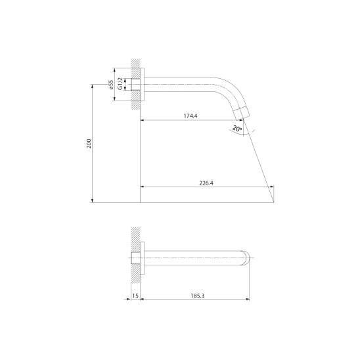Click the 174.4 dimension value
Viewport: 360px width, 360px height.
click(191, 116)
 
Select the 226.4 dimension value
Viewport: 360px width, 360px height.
click(206, 183)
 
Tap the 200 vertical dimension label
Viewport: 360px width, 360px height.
click(89, 143)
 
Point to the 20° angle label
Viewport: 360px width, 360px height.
click(237, 129)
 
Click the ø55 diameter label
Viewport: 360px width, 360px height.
click(111, 85)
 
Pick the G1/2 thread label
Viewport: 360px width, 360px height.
click(120, 83)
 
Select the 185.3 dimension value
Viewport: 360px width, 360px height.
click(198, 296)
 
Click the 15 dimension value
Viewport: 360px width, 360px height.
click(135, 296)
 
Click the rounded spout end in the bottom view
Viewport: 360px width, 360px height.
click(246, 258)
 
